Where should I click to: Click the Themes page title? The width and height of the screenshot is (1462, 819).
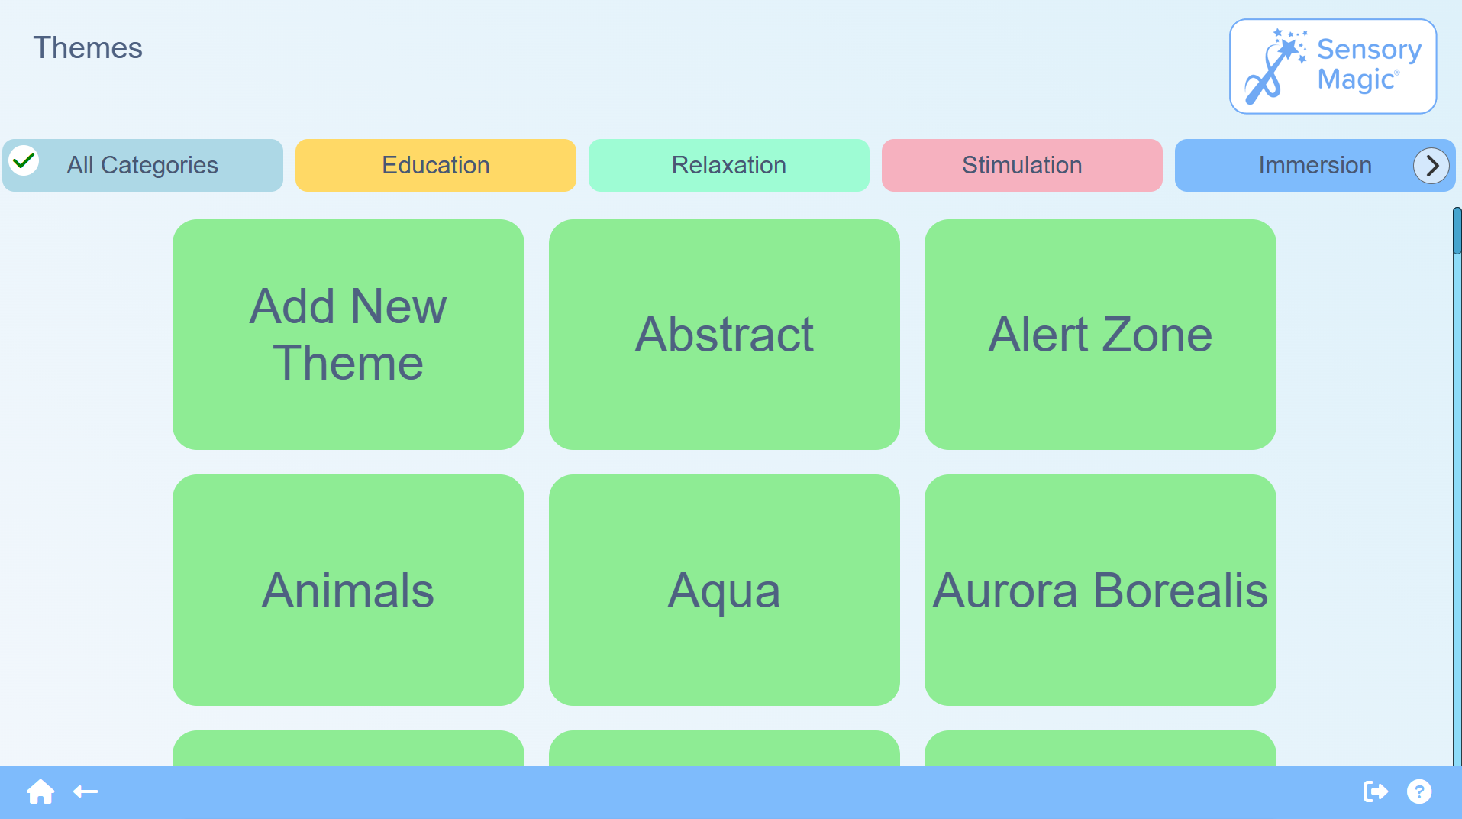point(88,48)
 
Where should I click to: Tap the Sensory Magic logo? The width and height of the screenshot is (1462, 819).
point(1333,66)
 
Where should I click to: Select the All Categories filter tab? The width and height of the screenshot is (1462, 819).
point(143,165)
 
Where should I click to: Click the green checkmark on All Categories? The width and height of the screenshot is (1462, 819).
point(24,160)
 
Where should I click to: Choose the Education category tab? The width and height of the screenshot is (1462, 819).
point(436,165)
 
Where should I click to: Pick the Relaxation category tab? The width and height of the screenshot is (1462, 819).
point(729,165)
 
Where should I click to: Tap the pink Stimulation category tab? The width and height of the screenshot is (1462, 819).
point(1022,165)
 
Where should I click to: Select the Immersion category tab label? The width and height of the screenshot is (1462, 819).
point(1315,165)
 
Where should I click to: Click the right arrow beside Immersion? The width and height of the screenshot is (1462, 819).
point(1431,165)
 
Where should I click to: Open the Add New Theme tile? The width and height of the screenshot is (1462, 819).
point(348,335)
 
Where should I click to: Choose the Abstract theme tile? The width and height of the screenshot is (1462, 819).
point(725,335)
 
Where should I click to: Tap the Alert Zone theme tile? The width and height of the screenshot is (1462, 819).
point(1100,335)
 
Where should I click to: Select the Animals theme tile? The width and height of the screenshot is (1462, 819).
point(348,590)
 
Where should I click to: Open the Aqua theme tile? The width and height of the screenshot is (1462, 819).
point(725,590)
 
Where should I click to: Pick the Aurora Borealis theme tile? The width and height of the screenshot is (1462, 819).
point(1100,590)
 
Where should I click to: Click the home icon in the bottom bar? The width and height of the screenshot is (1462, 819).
point(40,791)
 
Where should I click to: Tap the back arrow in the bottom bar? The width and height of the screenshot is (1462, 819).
point(86,791)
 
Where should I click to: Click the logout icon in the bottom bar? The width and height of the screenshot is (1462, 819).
point(1375,791)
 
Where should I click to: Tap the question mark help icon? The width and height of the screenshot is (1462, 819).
point(1419,791)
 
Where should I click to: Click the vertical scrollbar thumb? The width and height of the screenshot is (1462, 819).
point(1457,231)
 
